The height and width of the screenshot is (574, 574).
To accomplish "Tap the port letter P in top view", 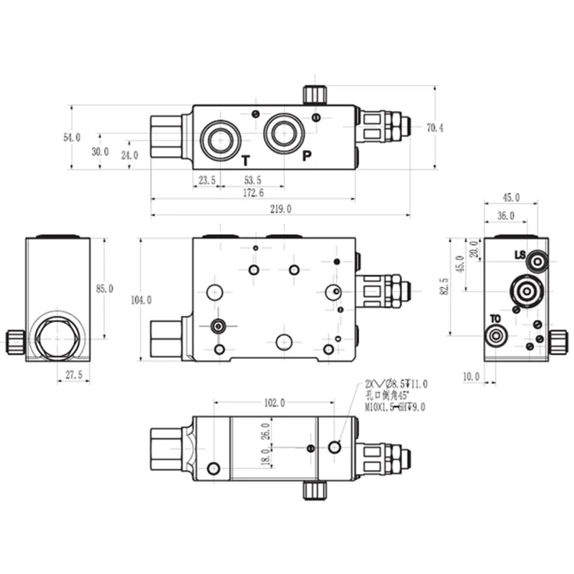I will [x=307, y=157].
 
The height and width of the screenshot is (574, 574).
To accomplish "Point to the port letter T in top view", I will [x=245, y=160].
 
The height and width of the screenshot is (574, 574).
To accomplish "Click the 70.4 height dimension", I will [x=435, y=128].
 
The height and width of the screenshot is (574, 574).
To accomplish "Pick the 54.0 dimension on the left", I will [x=71, y=138].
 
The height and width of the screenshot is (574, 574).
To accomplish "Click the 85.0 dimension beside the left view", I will [x=104, y=289].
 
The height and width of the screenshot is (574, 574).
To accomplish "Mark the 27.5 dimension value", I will [x=73, y=375].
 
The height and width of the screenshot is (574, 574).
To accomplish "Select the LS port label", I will [x=520, y=255].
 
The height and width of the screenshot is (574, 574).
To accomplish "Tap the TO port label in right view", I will [x=495, y=318].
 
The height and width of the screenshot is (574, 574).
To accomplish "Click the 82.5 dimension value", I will [x=444, y=285].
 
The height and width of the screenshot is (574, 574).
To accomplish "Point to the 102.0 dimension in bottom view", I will [x=273, y=403].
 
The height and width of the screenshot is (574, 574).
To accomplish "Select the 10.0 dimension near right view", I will [x=471, y=376].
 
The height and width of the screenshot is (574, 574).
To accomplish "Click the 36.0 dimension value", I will [x=506, y=216].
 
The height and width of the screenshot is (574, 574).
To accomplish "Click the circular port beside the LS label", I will [x=540, y=263].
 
